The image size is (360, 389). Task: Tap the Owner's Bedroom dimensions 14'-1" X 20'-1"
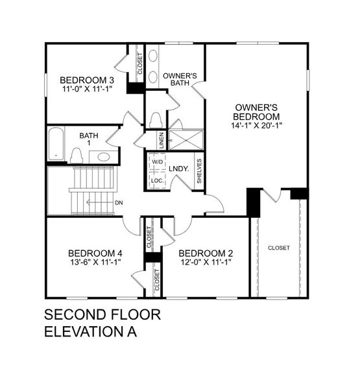[x=258, y=126]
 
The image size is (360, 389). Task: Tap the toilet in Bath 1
[x=77, y=155]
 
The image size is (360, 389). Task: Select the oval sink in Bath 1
[x=102, y=156]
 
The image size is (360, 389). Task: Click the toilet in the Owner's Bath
[x=155, y=120]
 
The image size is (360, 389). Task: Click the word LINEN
[x=160, y=139]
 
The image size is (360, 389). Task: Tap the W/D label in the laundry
[x=158, y=163]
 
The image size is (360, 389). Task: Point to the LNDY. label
[x=178, y=169]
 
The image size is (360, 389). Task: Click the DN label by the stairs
[x=119, y=202]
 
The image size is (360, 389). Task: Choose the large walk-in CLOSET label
[x=278, y=248]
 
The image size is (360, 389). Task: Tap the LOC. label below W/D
[x=157, y=180]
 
